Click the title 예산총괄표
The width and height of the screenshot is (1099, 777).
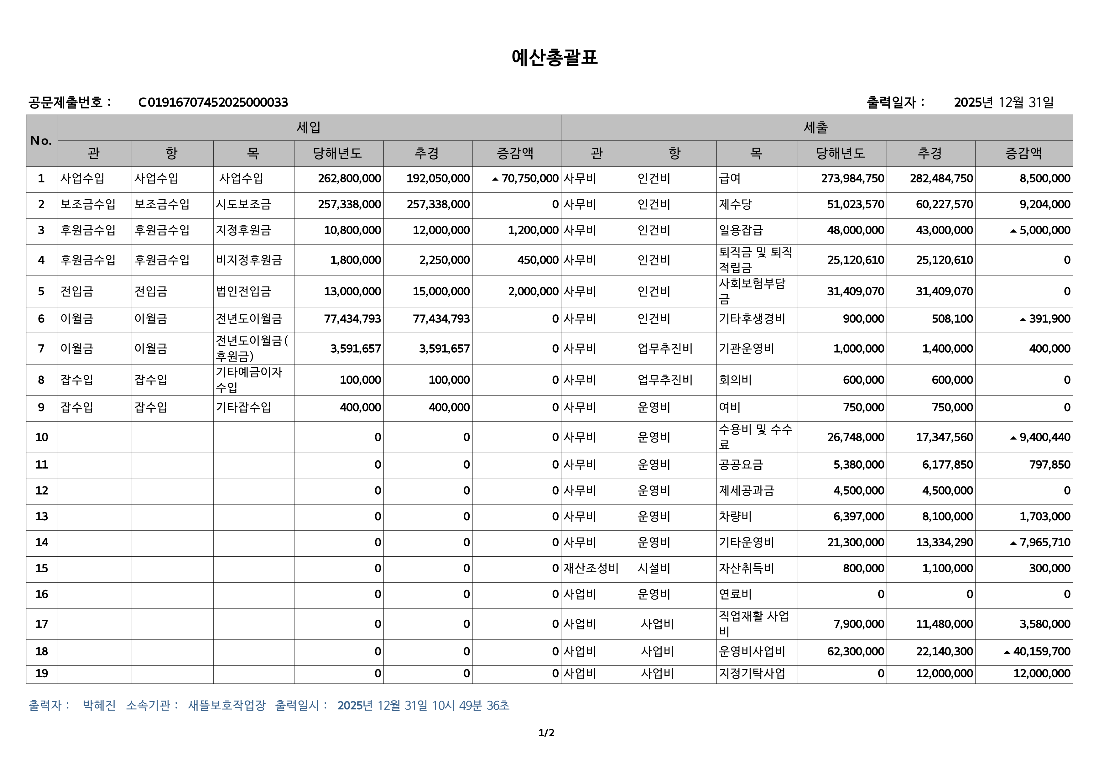click(x=554, y=57)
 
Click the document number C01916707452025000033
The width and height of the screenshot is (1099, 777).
click(x=213, y=102)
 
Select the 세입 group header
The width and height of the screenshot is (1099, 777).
click(x=309, y=127)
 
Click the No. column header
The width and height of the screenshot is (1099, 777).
click(x=41, y=140)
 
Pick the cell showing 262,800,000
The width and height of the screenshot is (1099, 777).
click(x=349, y=179)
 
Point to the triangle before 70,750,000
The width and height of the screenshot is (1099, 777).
click(x=495, y=179)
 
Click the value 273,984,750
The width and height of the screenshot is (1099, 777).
click(x=852, y=179)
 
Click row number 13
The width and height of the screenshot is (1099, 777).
click(x=42, y=517)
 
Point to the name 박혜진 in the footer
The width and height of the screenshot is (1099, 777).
click(x=99, y=705)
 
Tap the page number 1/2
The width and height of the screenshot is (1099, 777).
click(x=546, y=732)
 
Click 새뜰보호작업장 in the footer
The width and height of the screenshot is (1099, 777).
click(x=227, y=705)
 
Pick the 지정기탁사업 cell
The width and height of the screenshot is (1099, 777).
click(x=752, y=674)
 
